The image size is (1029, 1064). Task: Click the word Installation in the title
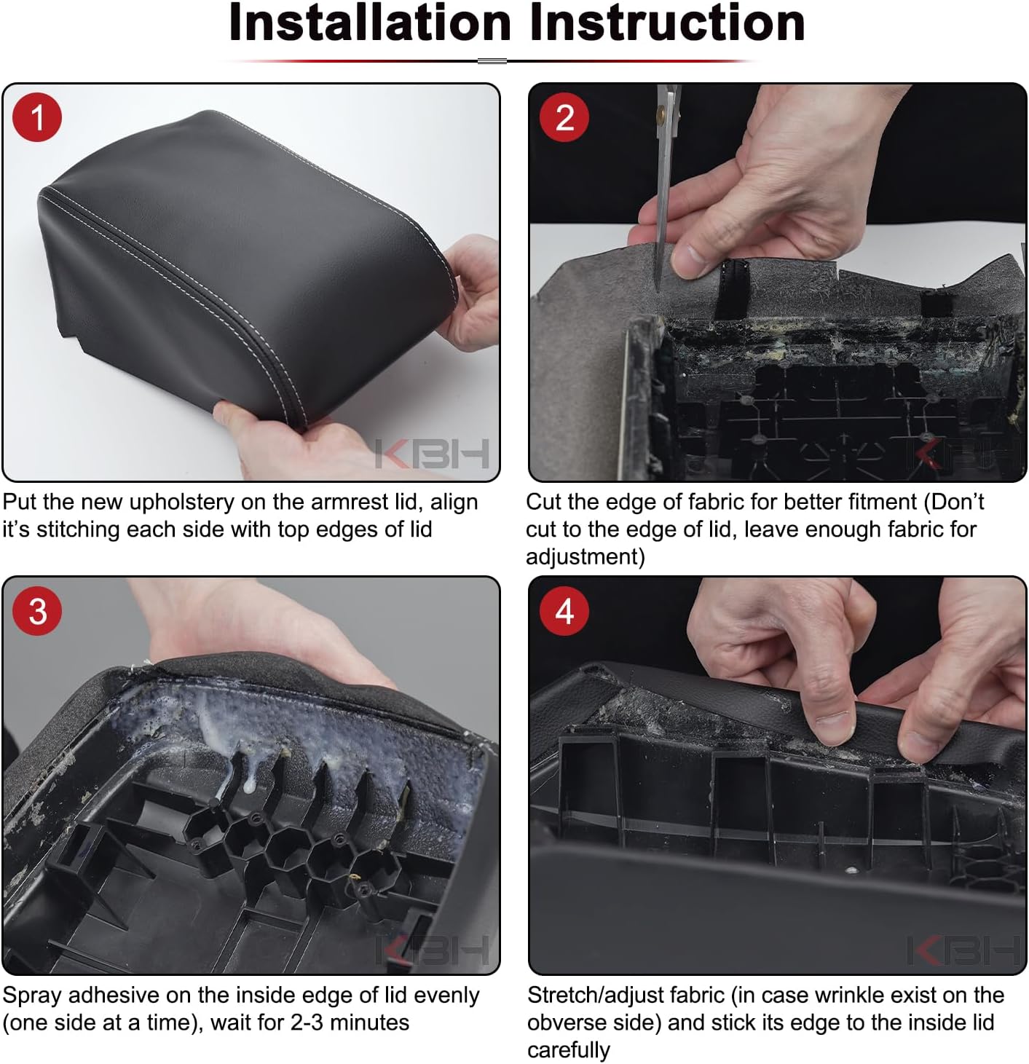(x=370, y=23)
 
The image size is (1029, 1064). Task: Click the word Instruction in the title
(x=667, y=23)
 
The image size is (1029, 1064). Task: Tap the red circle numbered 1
(x=37, y=117)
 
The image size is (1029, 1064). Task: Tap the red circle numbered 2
(x=564, y=117)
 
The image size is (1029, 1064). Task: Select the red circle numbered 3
(x=37, y=611)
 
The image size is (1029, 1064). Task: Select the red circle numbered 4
(x=564, y=611)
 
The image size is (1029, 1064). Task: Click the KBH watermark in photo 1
(x=432, y=454)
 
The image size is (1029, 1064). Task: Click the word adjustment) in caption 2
(x=585, y=556)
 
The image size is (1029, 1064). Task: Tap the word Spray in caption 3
(x=32, y=995)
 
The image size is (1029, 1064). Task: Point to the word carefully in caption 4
(x=569, y=1049)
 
